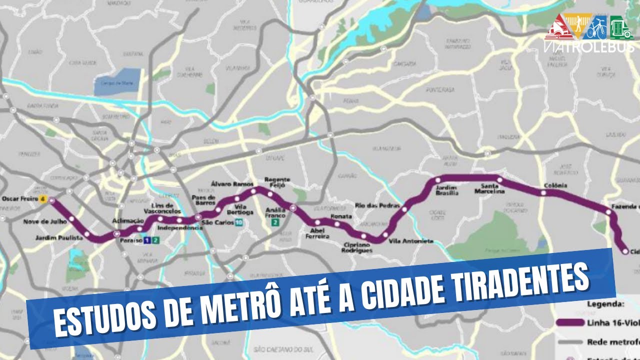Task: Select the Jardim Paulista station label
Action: tap(59, 238)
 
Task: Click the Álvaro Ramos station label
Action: tap(229, 183)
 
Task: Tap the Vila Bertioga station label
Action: tap(243, 209)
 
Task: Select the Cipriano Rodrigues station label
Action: tap(357, 247)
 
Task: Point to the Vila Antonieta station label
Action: tap(411, 241)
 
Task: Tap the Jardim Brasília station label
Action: tap(447, 190)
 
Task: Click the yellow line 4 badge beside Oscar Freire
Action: tap(43, 199)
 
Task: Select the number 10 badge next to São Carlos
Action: tap(239, 222)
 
